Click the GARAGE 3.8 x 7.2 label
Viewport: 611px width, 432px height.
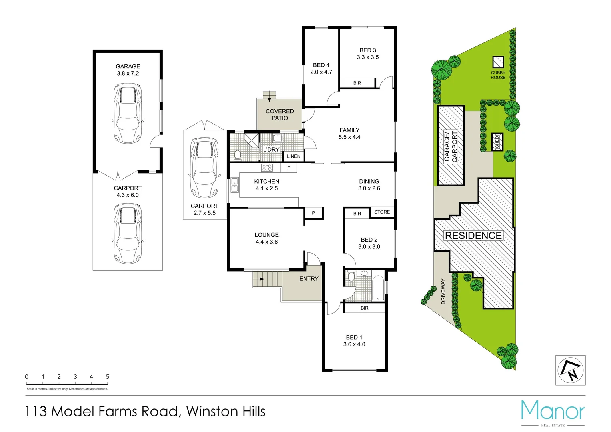click(128, 70)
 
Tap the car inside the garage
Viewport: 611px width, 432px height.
click(128, 113)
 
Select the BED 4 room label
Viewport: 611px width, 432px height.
click(321, 68)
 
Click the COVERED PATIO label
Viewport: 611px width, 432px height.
click(280, 115)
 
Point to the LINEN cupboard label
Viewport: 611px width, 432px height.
click(294, 156)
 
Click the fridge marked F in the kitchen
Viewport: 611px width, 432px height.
click(288, 168)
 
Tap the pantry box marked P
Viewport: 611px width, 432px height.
click(313, 213)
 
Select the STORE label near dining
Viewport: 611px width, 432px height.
click(382, 212)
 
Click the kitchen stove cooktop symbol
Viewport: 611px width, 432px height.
click(267, 168)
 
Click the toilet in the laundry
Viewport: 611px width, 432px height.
click(237, 154)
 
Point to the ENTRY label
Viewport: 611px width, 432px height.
click(309, 279)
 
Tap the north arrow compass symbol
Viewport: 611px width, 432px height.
click(570, 370)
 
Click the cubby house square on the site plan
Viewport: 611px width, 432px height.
click(498, 62)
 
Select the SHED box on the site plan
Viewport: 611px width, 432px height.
click(497, 142)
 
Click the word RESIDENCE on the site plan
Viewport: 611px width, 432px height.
click(473, 236)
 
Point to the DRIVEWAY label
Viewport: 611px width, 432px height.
click(443, 292)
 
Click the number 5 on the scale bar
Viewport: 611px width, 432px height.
click(107, 377)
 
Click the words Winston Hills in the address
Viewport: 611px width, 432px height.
click(226, 412)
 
